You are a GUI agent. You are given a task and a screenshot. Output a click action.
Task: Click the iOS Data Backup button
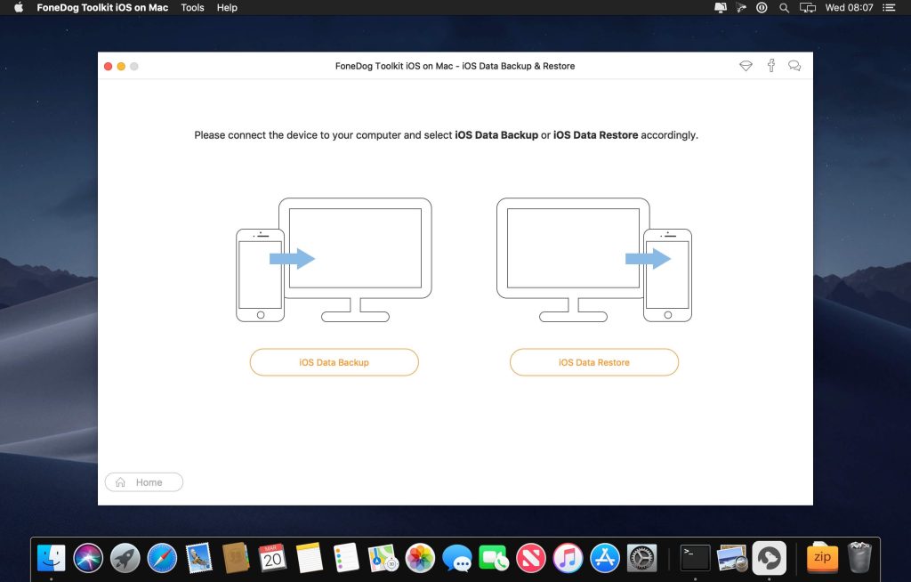[334, 362]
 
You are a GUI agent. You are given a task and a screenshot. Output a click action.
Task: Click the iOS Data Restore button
[593, 362]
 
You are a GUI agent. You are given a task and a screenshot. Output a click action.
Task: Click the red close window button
[109, 66]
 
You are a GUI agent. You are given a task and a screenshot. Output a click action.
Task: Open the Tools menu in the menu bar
[192, 7]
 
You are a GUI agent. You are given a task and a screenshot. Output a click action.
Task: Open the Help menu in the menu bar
[227, 7]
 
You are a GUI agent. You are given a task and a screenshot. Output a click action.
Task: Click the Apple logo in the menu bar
[18, 7]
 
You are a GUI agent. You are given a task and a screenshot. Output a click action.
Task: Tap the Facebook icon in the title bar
[771, 66]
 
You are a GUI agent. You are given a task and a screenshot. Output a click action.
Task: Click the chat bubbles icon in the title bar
[794, 66]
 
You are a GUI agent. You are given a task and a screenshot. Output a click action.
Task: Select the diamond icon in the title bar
[746, 66]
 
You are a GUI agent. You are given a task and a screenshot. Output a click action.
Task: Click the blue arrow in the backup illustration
[292, 258]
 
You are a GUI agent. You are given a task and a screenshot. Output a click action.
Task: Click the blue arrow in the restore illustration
[648, 258]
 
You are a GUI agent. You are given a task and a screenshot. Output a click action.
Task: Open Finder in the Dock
[52, 558]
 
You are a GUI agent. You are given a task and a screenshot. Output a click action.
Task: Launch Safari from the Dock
[162, 558]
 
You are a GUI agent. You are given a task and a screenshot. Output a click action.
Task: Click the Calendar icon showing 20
[272, 558]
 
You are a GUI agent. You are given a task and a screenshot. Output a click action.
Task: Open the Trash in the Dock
[859, 558]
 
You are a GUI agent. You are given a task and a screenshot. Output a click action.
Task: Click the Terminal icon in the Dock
[695, 558]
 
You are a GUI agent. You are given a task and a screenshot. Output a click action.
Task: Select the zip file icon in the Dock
[822, 558]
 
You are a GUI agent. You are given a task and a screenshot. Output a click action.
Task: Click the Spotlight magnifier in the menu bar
[784, 7]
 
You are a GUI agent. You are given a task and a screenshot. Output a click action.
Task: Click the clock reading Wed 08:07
[849, 7]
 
